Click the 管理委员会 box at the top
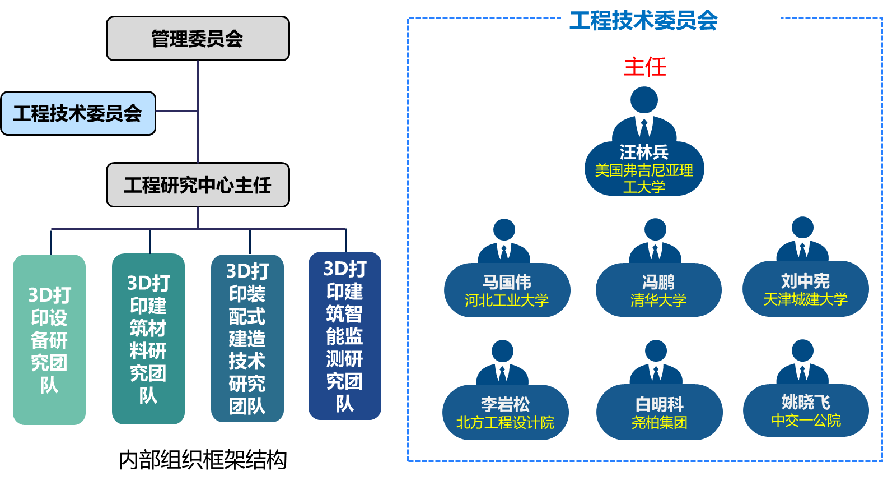pos(198,39)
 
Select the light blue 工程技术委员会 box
pos(78,113)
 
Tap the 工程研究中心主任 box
pos(198,185)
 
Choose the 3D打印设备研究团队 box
pos(49,340)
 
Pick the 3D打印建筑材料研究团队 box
pos(148,339)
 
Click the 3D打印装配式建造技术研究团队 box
pos(247,338)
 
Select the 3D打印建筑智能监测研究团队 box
pos(345,336)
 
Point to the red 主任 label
pos(645,67)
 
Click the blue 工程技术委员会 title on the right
pos(644,21)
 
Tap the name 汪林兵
pos(644,152)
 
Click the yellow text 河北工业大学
pos(507,301)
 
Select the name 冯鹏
pos(658,282)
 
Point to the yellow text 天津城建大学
pos(806,299)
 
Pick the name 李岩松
pos(505,404)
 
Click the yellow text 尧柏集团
pos(660,422)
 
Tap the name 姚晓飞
pos(806,402)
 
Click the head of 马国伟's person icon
pos(504,230)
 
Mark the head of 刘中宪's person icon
pos(802,228)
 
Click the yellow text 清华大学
pos(658,301)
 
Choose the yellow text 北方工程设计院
pos(505,422)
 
